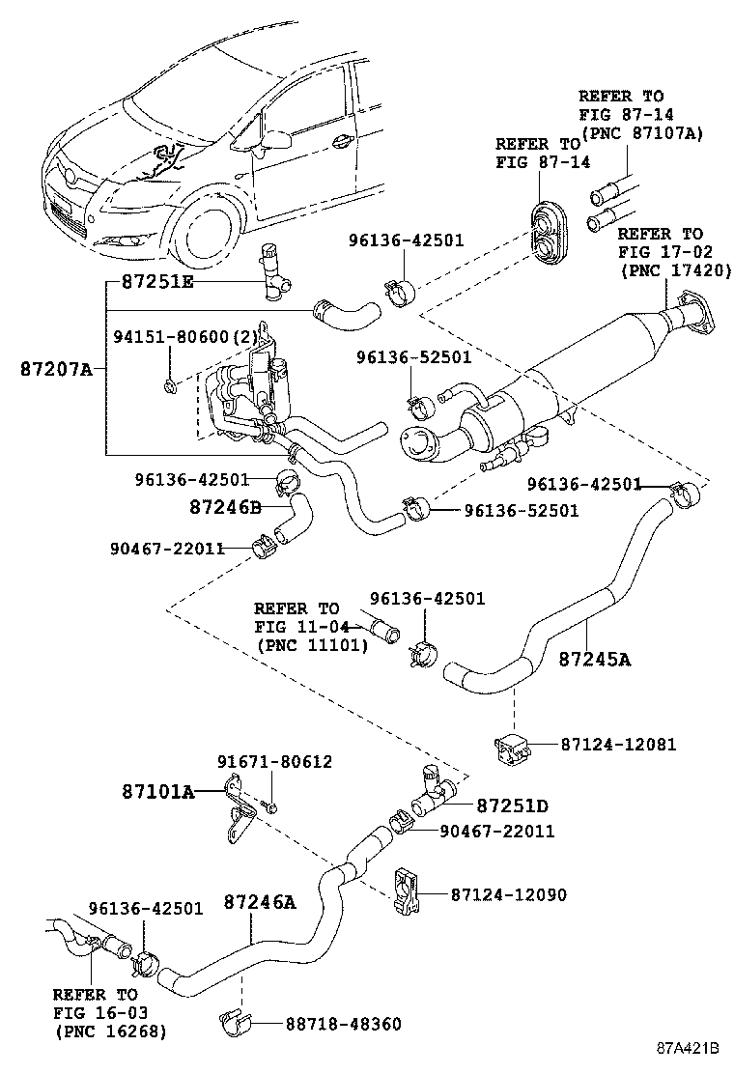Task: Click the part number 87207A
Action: [56, 368]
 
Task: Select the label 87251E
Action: [157, 281]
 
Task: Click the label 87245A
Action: [594, 660]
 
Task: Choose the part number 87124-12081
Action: [618, 745]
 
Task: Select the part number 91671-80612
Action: [274, 762]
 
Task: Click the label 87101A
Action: [158, 792]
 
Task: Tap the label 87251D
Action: [513, 805]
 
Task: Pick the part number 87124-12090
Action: [508, 895]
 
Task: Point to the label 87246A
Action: [259, 902]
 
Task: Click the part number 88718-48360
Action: [342, 1024]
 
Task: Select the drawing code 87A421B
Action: [690, 1048]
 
